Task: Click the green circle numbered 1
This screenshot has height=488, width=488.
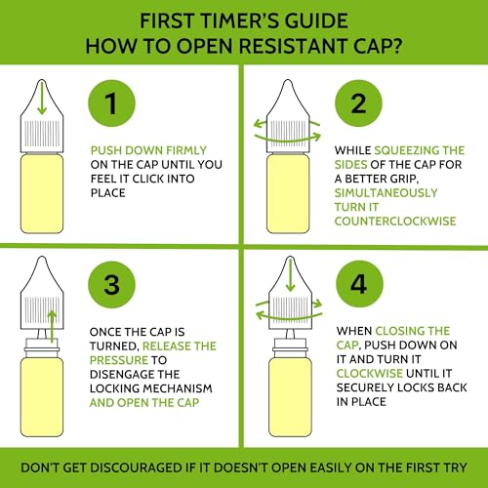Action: pyautogui.click(x=111, y=103)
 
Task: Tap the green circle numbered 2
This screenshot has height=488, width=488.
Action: pyautogui.click(x=358, y=103)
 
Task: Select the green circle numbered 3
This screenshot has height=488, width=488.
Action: pyautogui.click(x=111, y=285)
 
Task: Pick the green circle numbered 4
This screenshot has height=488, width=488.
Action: pyautogui.click(x=359, y=284)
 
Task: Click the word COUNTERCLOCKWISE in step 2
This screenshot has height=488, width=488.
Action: pyautogui.click(x=395, y=222)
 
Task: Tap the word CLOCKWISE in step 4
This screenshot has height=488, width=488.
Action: pyautogui.click(x=370, y=373)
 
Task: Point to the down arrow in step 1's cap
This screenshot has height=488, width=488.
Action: pyautogui.click(x=42, y=99)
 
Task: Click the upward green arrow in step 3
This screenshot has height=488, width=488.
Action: pyautogui.click(x=52, y=326)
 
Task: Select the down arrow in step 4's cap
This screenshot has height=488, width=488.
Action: pyautogui.click(x=290, y=275)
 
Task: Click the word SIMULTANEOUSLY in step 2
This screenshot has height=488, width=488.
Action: pyautogui.click(x=386, y=192)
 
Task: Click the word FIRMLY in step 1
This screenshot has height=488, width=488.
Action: pyautogui.click(x=186, y=150)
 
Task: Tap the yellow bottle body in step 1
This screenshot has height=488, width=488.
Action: pyautogui.click(x=42, y=193)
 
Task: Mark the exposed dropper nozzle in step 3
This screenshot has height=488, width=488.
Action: pyautogui.click(x=42, y=334)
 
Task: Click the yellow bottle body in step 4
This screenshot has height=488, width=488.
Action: pyautogui.click(x=290, y=396)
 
